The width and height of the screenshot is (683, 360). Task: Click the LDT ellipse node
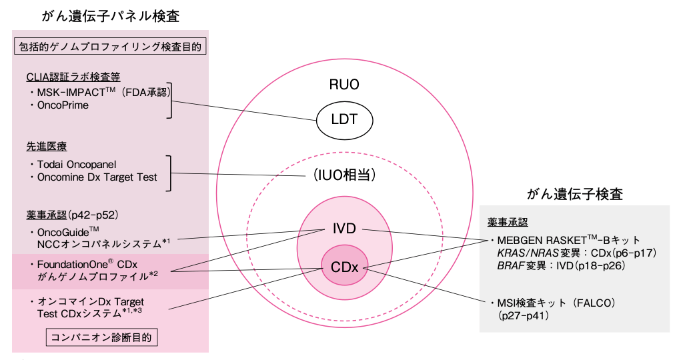click(x=344, y=120)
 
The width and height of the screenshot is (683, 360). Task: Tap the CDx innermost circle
click(x=344, y=267)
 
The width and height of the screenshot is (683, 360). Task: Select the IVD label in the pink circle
click(x=344, y=229)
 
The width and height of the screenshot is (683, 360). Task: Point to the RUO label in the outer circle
click(x=344, y=85)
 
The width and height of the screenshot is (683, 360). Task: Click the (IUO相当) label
click(x=344, y=176)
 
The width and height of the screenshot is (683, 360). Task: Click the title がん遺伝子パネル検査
click(x=110, y=16)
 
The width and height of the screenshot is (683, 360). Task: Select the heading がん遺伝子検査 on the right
click(x=574, y=195)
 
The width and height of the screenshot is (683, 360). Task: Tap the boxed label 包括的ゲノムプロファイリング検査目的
click(x=110, y=47)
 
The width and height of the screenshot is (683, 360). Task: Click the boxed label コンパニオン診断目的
click(x=102, y=337)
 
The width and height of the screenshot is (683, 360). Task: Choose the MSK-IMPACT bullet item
click(x=93, y=92)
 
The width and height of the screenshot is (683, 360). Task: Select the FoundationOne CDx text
click(x=87, y=265)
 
